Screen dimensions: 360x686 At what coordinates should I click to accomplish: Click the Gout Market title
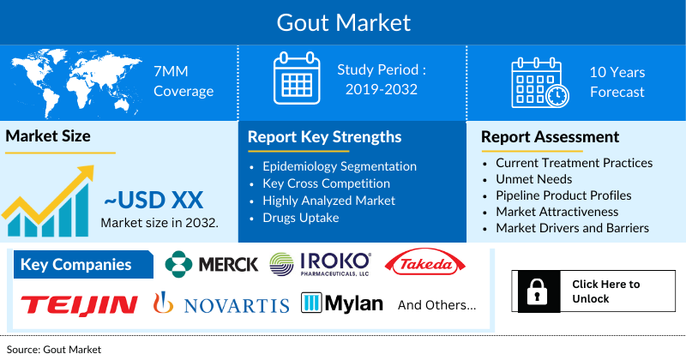[x=343, y=21]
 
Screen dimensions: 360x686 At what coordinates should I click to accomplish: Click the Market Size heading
[x=48, y=135]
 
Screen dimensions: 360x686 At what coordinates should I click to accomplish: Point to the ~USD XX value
[x=153, y=201]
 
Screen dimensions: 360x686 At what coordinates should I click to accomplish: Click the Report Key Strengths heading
[x=324, y=137]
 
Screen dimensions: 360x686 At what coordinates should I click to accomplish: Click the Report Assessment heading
[x=550, y=137]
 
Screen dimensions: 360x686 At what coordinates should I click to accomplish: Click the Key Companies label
[x=75, y=264]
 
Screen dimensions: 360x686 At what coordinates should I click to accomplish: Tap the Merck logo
[x=211, y=264]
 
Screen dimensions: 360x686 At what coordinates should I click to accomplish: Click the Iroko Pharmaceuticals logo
[x=320, y=263]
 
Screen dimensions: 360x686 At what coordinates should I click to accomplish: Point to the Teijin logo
[x=79, y=304]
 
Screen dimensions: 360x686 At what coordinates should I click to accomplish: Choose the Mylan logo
[x=341, y=304]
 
